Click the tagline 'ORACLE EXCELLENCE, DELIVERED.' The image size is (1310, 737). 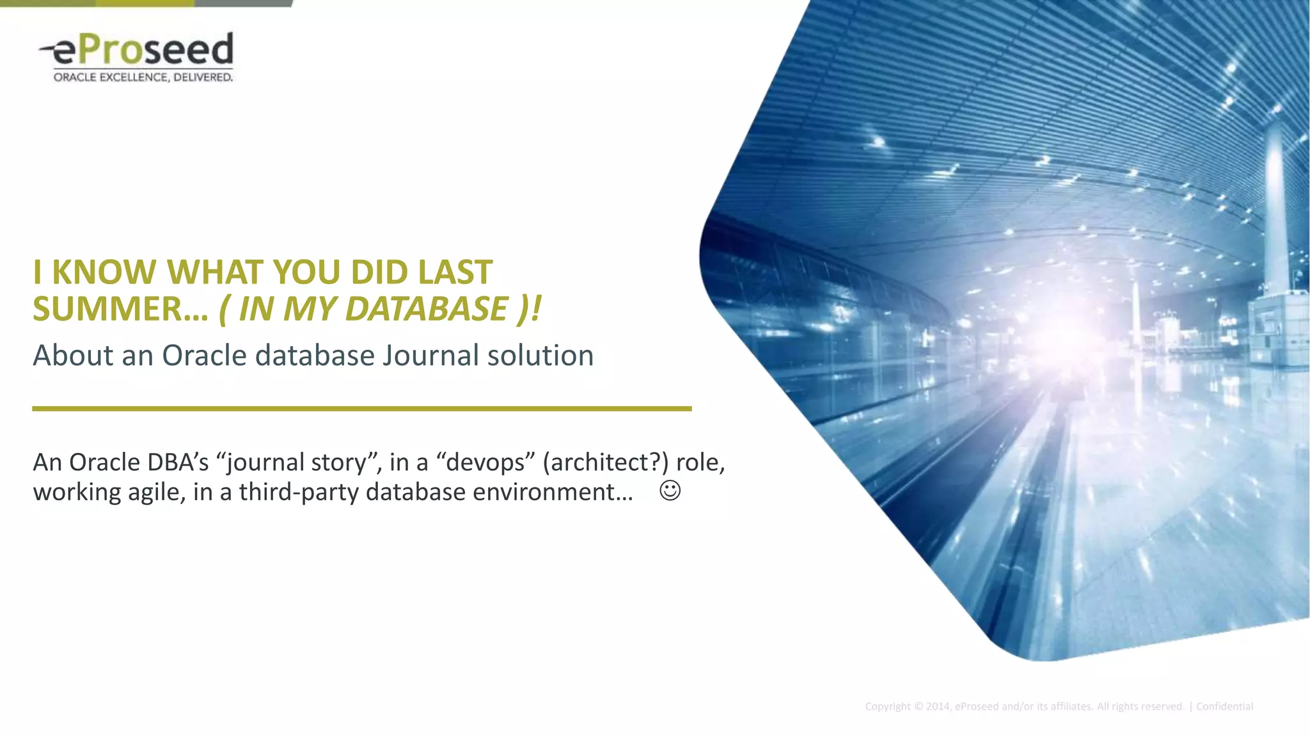coord(143,77)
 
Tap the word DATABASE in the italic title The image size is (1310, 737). coord(427,310)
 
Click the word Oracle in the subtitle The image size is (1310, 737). coord(204,356)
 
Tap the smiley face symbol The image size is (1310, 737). coord(670,491)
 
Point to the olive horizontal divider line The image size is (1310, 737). coord(361,408)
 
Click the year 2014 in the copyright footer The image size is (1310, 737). coord(938,706)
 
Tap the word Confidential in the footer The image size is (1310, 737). coord(1224,706)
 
